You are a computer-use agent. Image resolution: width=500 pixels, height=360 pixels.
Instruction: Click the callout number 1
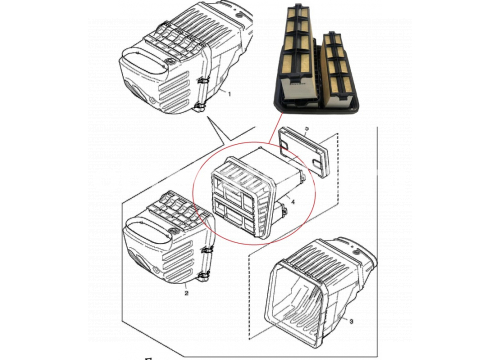229,94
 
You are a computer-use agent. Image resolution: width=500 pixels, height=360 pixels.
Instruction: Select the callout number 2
186,293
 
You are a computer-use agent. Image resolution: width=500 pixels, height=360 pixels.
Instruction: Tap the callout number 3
351,322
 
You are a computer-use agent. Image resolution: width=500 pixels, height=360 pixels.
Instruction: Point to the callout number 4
293,202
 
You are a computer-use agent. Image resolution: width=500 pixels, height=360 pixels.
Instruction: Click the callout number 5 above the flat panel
307,129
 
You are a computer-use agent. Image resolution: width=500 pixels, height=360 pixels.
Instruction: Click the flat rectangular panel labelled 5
304,152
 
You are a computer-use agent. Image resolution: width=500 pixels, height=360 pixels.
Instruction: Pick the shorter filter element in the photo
337,68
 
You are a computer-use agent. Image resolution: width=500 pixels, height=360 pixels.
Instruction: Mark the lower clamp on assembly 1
199,108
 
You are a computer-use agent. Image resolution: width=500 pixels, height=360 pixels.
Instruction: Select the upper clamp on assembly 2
207,250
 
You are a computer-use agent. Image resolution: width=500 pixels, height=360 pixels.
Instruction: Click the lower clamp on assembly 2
204,276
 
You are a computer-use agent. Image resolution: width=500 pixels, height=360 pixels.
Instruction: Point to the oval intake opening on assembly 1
144,63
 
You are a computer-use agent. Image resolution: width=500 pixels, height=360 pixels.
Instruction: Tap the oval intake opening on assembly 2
147,231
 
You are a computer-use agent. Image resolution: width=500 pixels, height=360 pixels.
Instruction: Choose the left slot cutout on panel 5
284,144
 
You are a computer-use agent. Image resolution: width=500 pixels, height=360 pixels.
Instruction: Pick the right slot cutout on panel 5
317,162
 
